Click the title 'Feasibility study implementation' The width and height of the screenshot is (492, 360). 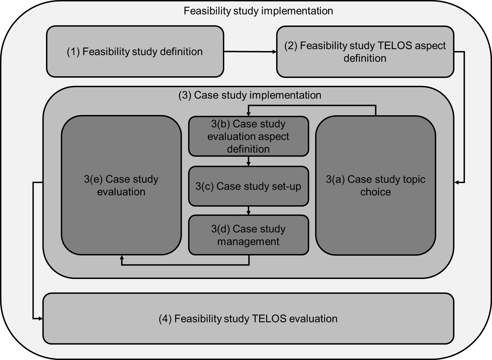pos(258,11)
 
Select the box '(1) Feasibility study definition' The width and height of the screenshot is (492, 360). pos(135,52)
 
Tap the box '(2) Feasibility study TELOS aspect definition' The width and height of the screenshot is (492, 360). pos(365,52)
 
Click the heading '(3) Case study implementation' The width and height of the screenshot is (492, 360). pos(250,95)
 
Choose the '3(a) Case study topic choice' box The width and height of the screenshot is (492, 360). pos(376,185)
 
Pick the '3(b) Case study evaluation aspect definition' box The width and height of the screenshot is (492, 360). pos(249,136)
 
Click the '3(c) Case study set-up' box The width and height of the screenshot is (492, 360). pos(249,186)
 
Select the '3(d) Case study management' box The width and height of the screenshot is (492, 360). pos(249,235)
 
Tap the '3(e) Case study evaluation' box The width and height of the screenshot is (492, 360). pos(121,185)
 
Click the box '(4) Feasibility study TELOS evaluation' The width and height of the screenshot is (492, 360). pos(248,318)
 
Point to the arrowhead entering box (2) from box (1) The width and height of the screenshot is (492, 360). pos(274,52)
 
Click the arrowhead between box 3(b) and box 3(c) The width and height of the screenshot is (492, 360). pos(249,164)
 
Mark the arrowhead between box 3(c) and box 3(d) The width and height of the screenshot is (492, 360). pos(249,213)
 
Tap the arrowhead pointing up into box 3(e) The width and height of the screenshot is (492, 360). pos(122,257)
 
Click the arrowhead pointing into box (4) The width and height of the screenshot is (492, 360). pos(41,318)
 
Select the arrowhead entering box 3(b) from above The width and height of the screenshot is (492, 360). pos(249,114)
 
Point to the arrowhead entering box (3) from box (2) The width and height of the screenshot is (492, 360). pos(456,182)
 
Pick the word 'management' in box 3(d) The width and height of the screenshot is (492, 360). pos(249,242)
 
